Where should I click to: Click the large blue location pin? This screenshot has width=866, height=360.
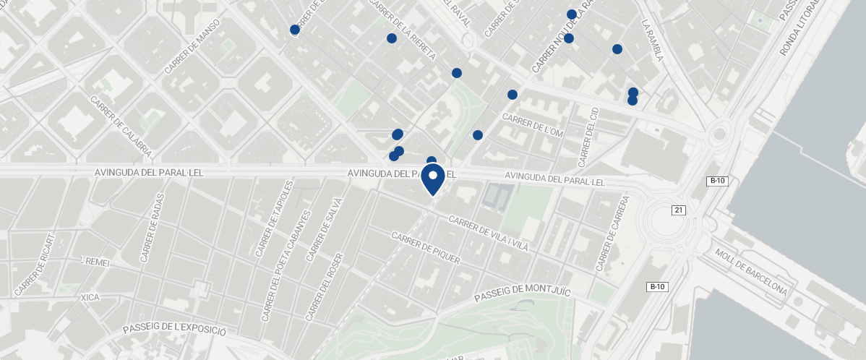click(x=433, y=179)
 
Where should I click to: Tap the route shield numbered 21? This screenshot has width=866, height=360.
click(x=678, y=210)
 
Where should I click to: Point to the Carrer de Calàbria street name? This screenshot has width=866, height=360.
click(x=121, y=127)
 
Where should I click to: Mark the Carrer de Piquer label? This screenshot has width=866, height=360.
click(x=425, y=248)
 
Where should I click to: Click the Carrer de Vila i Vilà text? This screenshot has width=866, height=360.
click(x=489, y=233)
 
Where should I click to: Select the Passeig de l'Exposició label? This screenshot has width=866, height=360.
click(x=174, y=329)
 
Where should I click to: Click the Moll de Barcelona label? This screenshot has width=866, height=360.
click(x=750, y=272)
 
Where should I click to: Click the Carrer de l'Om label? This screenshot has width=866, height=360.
click(x=533, y=125)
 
